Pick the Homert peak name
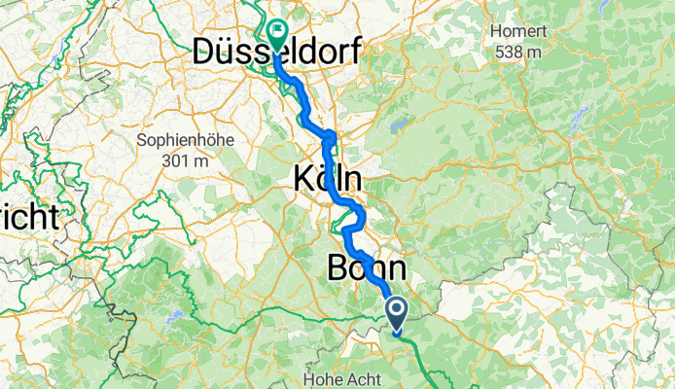pyautogui.click(x=517, y=32)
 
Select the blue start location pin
pyautogui.click(x=399, y=314)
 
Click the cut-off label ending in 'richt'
pyautogui.click(x=29, y=216)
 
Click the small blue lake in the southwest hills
pyautogui.click(x=174, y=317)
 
